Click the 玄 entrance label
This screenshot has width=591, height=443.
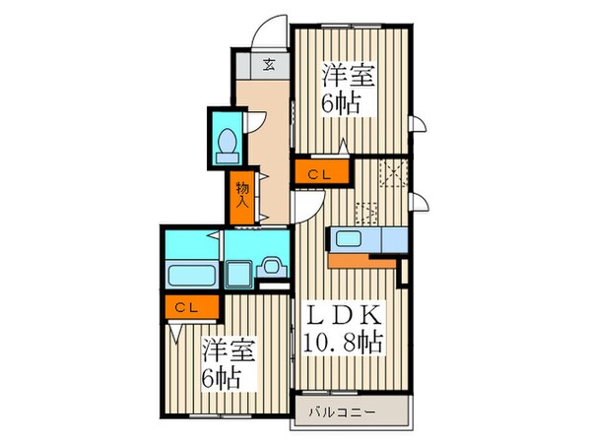pos(269,67)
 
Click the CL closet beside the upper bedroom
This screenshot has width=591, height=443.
pos(318,174)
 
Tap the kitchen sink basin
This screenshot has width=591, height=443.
pos(350,238)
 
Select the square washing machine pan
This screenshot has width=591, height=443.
pos(238,272)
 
